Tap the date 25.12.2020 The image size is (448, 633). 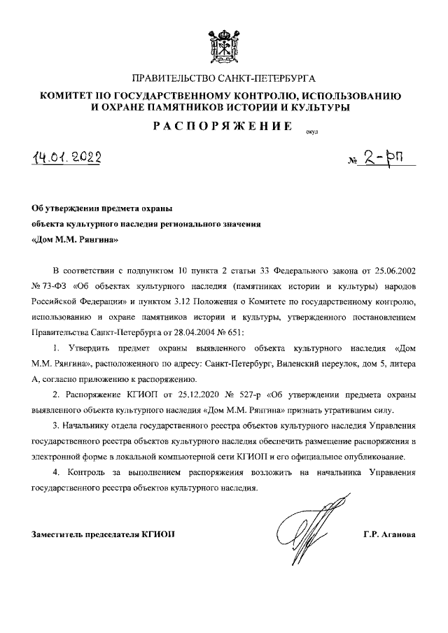click(x=179, y=395)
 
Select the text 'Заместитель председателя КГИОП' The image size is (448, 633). click(x=104, y=534)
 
